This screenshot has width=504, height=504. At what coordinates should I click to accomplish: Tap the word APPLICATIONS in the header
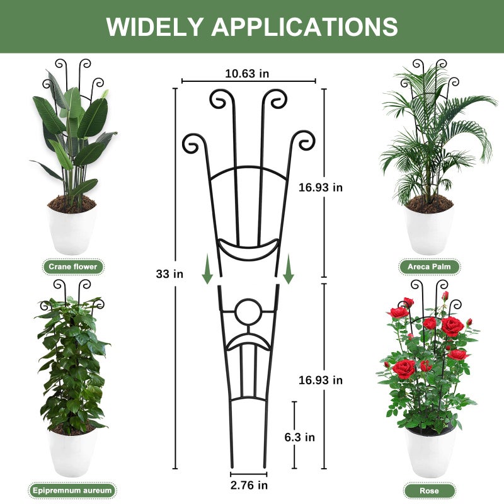pyautogui.click(x=304, y=26)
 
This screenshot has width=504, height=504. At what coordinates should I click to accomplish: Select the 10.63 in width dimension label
pyautogui.click(x=247, y=74)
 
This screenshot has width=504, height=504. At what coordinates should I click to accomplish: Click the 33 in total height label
pyautogui.click(x=169, y=274)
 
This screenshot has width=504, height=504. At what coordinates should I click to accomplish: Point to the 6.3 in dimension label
pyautogui.click(x=300, y=437)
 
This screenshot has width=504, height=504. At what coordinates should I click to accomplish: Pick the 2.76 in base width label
pyautogui.click(x=249, y=485)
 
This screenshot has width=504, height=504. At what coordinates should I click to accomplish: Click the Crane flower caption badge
pyautogui.click(x=73, y=266)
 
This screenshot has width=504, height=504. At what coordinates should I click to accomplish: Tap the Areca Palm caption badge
pyautogui.click(x=429, y=266)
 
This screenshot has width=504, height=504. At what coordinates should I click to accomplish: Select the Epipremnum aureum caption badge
pyautogui.click(x=72, y=491)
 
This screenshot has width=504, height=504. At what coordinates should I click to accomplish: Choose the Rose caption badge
pyautogui.click(x=429, y=491)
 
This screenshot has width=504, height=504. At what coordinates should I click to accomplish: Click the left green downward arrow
pyautogui.click(x=207, y=269)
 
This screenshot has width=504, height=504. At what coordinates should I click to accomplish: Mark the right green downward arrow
pyautogui.click(x=289, y=269)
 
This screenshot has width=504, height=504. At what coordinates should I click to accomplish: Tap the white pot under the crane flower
pyautogui.click(x=72, y=231)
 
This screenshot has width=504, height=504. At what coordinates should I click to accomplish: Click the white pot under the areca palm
pyautogui.click(x=430, y=230)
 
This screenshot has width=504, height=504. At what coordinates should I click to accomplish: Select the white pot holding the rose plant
pyautogui.click(x=430, y=452)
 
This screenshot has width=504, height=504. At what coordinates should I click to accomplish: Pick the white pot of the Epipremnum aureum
pyautogui.click(x=72, y=452)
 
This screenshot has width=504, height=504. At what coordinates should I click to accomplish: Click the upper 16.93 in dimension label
pyautogui.click(x=321, y=187)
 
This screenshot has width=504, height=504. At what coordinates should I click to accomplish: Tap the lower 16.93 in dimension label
pyautogui.click(x=321, y=380)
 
